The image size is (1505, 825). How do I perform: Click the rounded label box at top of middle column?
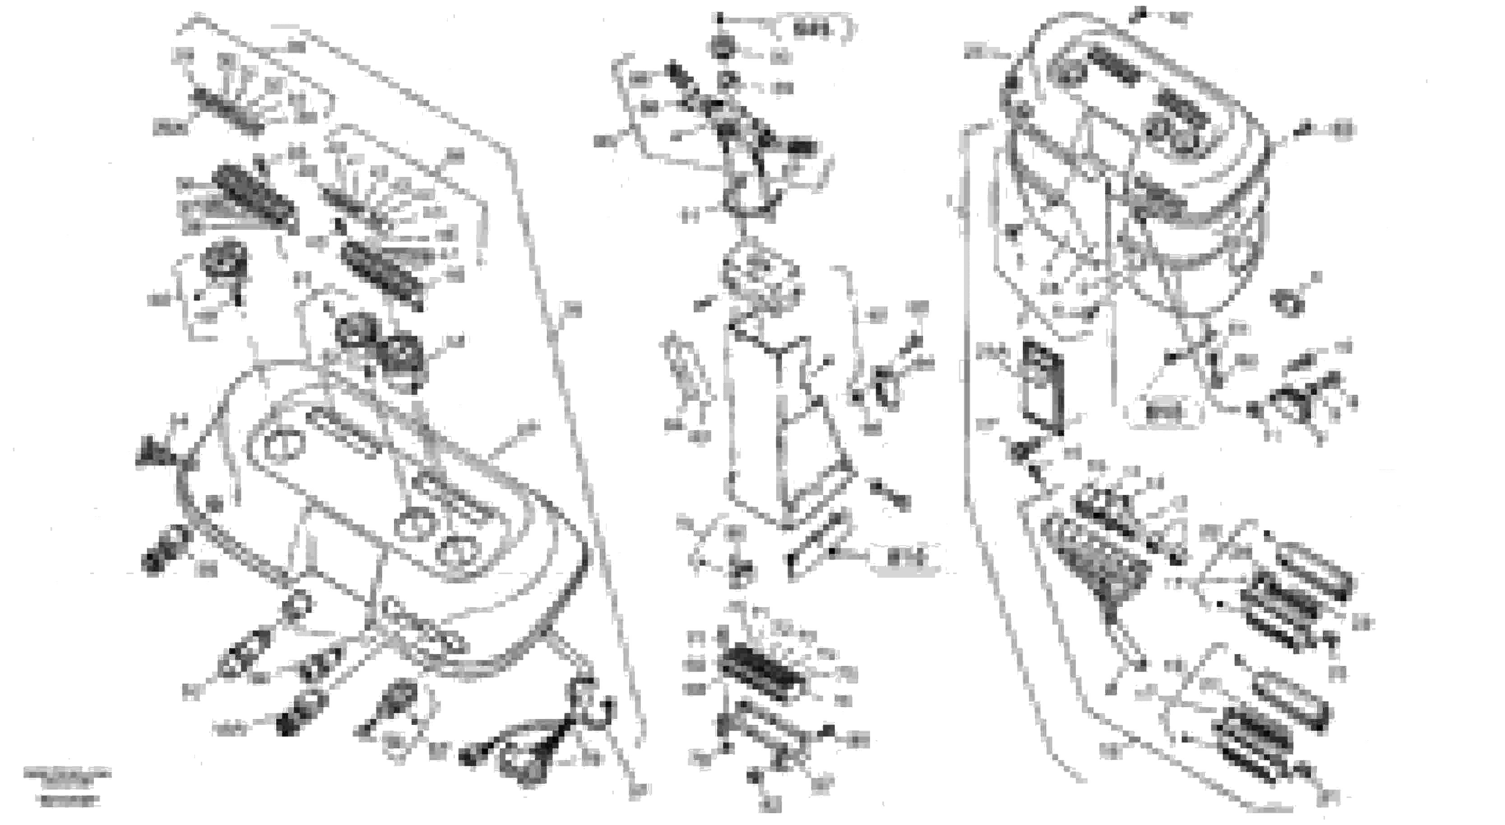pos(814,29)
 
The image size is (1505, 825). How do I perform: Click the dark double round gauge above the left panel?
pos(380,342)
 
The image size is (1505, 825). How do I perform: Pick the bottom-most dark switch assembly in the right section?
pos(1253,745)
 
